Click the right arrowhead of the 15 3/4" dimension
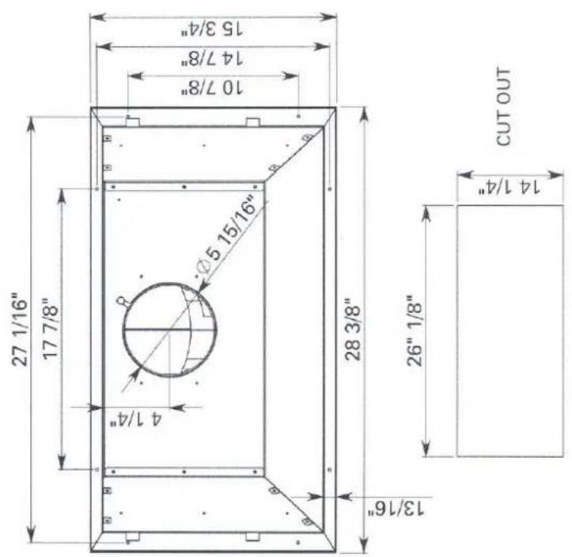332,15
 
